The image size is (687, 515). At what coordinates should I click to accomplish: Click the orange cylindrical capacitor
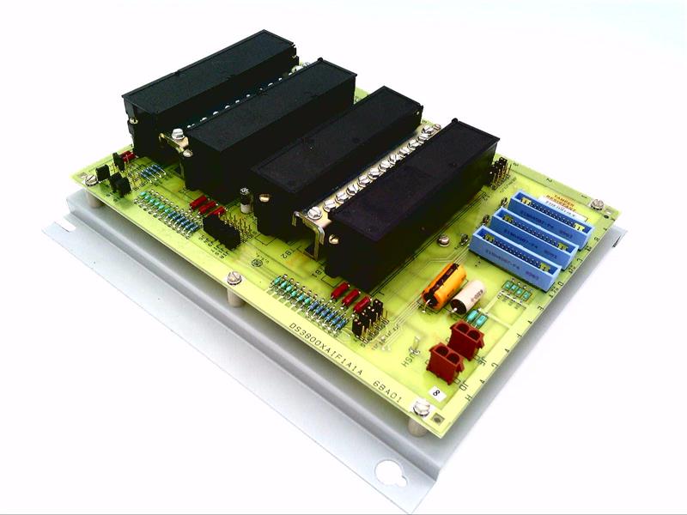point(443,287)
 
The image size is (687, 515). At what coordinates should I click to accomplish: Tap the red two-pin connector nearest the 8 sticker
point(445,360)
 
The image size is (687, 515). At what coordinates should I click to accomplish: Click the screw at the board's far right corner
point(596,205)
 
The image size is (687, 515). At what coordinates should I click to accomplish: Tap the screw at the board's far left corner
point(91,179)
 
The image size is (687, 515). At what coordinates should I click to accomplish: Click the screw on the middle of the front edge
point(234,277)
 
